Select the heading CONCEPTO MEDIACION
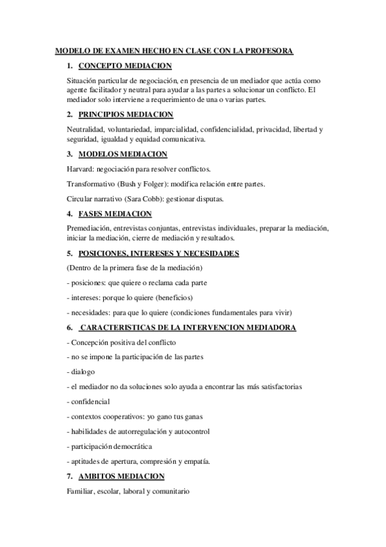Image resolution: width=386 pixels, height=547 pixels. coord(125,66)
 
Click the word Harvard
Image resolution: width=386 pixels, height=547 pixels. coord(80,169)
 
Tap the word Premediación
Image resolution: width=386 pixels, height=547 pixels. coord(89,228)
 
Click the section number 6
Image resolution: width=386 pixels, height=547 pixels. coord(70,328)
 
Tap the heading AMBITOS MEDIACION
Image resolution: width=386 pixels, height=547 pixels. coord(121,477)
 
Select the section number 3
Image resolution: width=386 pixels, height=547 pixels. coord(70,154)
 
